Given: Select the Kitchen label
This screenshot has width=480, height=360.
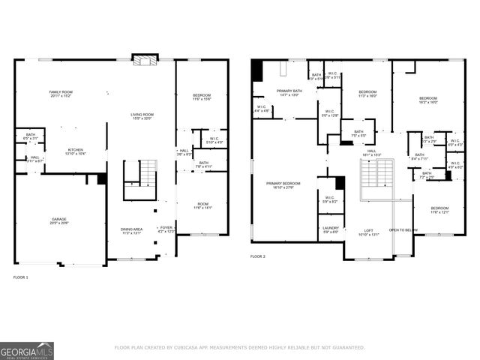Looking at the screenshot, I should coord(76,151).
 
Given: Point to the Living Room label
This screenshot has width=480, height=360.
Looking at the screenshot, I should coord(141,116).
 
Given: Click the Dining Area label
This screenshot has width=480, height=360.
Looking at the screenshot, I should coord(130,231).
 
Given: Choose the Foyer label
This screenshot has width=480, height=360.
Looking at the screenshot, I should coord(166,229).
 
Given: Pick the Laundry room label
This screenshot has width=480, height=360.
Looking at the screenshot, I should coord(330,229).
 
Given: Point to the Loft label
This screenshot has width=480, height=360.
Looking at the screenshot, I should coord(369,232).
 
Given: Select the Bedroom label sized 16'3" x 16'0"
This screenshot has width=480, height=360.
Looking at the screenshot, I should coord(427,100).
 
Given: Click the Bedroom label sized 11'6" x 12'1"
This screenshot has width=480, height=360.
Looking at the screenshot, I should coord(439,210).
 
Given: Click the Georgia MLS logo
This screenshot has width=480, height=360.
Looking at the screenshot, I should coord(27,349).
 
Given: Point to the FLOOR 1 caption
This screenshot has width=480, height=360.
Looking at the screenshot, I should coord(21,277).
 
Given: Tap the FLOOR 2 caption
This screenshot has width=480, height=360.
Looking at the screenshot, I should coord(258,256).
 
